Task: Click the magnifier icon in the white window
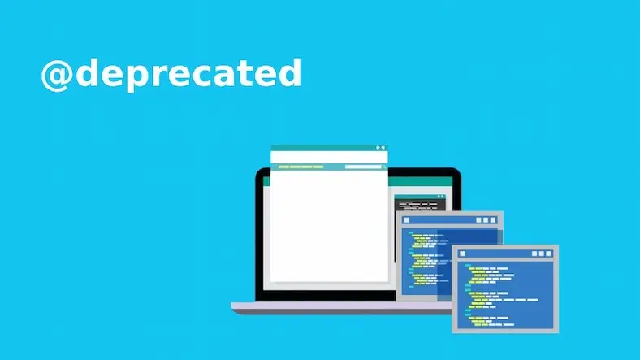click(x=379, y=167)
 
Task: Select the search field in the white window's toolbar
click(x=362, y=167)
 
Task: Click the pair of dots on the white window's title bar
click(x=379, y=148)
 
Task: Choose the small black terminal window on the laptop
click(x=420, y=202)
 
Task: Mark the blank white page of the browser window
click(x=329, y=228)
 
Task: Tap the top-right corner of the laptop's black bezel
click(x=456, y=172)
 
